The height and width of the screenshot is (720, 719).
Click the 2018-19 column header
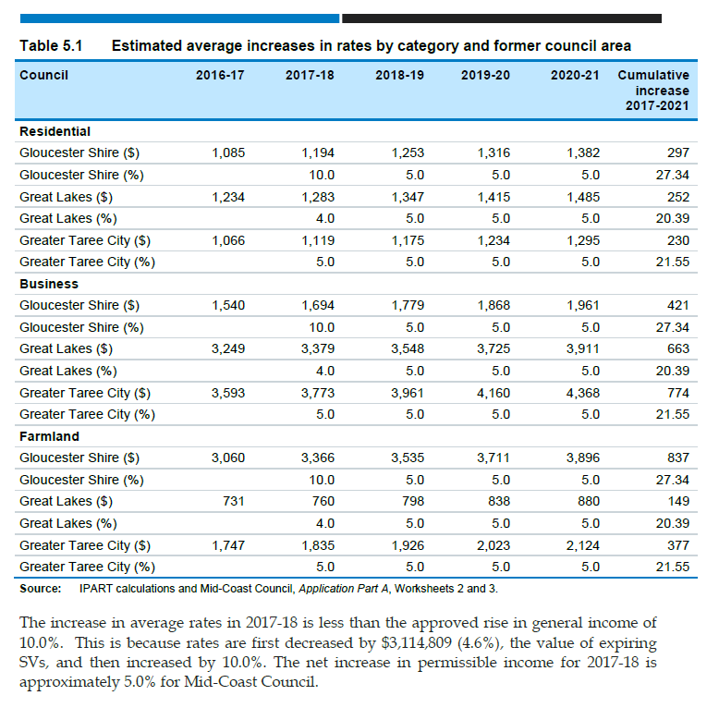coord(399,75)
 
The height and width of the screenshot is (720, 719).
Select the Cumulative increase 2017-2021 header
coord(653,91)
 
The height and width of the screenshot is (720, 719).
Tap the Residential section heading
coord(55,132)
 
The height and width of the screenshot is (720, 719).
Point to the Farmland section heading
coord(49,436)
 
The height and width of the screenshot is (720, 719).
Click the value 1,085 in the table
coord(228,153)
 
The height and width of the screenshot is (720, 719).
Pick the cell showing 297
coord(678,153)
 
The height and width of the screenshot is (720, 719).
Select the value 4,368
coord(582,393)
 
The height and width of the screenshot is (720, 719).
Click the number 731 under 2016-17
coord(233,501)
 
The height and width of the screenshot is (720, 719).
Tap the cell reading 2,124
coord(582,545)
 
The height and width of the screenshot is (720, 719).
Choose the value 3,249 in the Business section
coord(228,349)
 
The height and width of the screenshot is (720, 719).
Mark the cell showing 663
coord(678,349)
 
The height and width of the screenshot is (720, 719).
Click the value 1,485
coord(582,198)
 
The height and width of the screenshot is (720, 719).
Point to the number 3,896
coord(582,458)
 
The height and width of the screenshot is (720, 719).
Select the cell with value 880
coord(589,501)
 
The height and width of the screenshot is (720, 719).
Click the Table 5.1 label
coord(51,46)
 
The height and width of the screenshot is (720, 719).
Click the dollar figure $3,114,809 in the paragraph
coord(417,643)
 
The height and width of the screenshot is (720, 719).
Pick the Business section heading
coord(49,284)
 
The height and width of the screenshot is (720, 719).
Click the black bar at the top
coord(502,18)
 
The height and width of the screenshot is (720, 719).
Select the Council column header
coord(43,75)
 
